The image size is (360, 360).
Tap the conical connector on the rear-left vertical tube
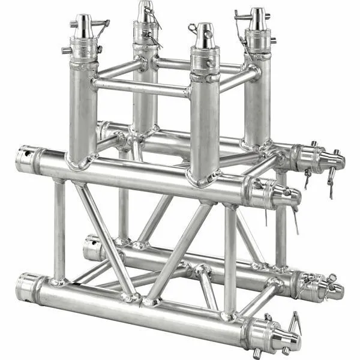[x=145, y=12]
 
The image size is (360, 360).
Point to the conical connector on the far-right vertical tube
[x=259, y=18]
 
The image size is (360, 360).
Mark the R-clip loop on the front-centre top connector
[x=193, y=28]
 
